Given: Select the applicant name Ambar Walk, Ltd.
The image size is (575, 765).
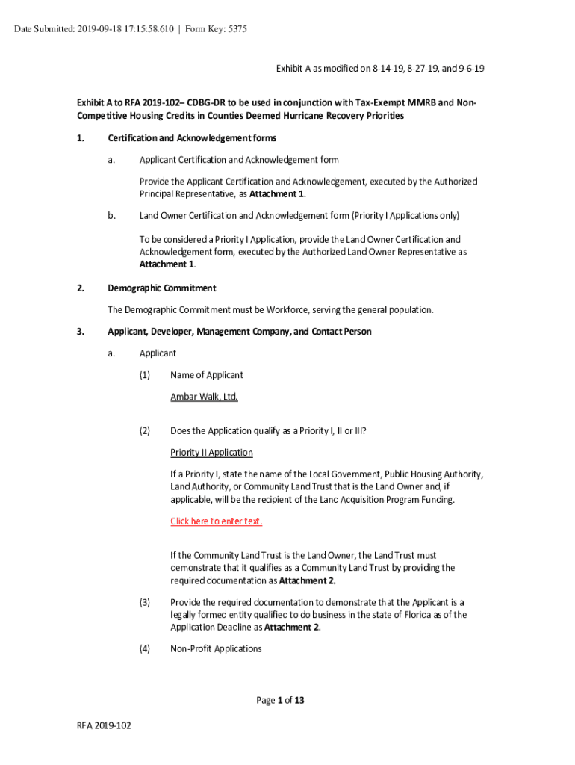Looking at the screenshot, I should click(x=204, y=397).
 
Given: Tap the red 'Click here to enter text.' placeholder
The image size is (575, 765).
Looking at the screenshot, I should click(x=216, y=521).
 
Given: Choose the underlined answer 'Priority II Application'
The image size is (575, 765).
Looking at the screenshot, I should click(x=211, y=453).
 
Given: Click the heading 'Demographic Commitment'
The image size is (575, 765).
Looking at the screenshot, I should click(x=161, y=288).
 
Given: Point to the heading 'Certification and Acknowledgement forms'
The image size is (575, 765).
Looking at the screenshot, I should click(x=192, y=138).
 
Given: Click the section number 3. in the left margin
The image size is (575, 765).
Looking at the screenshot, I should click(x=81, y=332).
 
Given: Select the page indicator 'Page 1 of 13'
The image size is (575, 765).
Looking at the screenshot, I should click(x=280, y=701).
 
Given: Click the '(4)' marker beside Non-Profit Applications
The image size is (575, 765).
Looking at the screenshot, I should click(x=145, y=649).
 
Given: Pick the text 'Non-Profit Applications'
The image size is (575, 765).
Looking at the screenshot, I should click(x=216, y=649).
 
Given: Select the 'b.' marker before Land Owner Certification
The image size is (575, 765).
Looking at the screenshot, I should click(x=111, y=216).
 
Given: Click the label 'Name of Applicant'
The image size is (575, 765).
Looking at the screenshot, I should click(x=206, y=375).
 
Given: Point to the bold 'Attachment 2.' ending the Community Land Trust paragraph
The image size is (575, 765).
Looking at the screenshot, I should click(x=307, y=580).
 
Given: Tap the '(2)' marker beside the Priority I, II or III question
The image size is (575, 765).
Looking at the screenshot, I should click(x=145, y=431).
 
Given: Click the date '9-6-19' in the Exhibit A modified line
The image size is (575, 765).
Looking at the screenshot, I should click(x=470, y=69).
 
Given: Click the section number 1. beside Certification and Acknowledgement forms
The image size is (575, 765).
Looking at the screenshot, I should click(x=81, y=138).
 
